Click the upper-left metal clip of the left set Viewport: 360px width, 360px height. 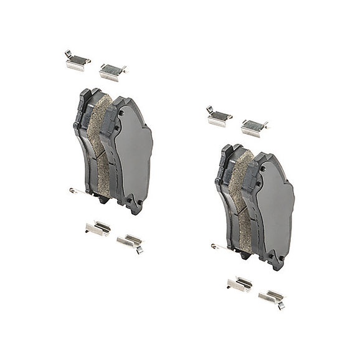(x=77, y=60)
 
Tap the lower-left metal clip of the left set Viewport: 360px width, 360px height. (x=98, y=228)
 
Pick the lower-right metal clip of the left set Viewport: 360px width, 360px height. (x=130, y=241)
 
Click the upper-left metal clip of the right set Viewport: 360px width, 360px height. (x=219, y=115)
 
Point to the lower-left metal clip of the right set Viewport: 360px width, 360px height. (x=240, y=284)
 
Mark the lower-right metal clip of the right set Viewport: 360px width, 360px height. (x=272, y=297)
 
